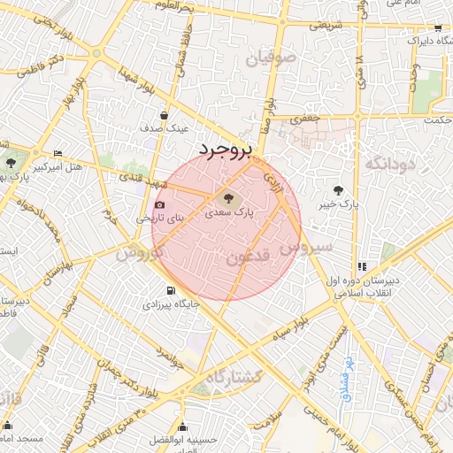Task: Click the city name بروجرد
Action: [x=225, y=149]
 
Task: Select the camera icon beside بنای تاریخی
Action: [x=160, y=205]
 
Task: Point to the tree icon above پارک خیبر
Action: [x=338, y=189]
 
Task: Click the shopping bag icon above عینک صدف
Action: [x=164, y=115]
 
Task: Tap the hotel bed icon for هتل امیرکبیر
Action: [x=58, y=153]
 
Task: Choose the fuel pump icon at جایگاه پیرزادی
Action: [x=170, y=290]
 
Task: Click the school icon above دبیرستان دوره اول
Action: [x=361, y=266]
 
